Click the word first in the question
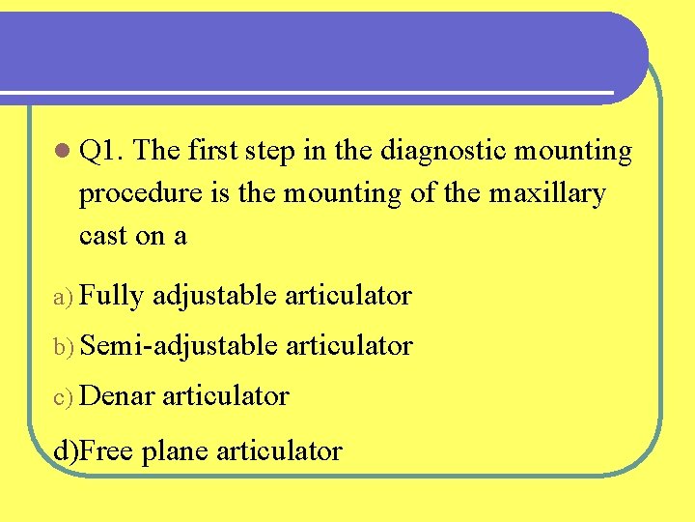213,151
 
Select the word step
275,152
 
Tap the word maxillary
547,193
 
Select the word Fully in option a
116,296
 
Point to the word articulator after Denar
225,395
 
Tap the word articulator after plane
279,449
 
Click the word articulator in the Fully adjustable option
348,296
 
